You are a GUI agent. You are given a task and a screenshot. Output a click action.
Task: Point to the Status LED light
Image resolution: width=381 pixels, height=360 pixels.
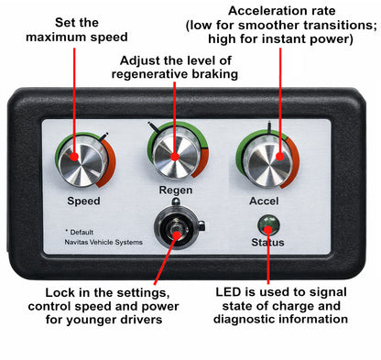click(x=267, y=224)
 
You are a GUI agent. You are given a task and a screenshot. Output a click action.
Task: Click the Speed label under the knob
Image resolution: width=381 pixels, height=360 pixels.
click(x=83, y=199)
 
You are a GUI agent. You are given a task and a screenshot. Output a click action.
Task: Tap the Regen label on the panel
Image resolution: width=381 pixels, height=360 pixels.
click(x=175, y=191)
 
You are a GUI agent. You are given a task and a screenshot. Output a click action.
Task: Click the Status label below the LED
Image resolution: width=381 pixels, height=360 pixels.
click(x=267, y=242)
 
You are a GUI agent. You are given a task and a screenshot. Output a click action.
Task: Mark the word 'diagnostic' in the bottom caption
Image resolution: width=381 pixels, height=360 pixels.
click(x=247, y=319)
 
